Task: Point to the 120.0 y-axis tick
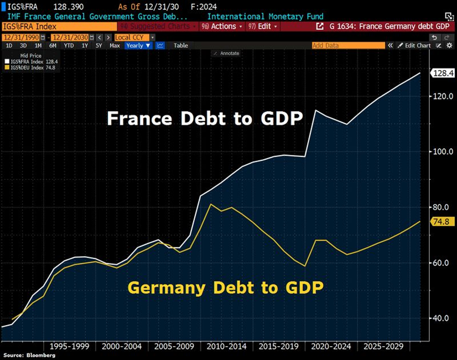click(x=439, y=96)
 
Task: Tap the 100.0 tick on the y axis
click(x=439, y=152)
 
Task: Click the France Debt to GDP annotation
click(x=204, y=118)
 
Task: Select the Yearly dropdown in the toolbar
click(x=138, y=45)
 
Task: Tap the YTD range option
click(x=69, y=45)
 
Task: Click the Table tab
click(x=181, y=45)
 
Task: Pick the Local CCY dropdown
click(x=134, y=36)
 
